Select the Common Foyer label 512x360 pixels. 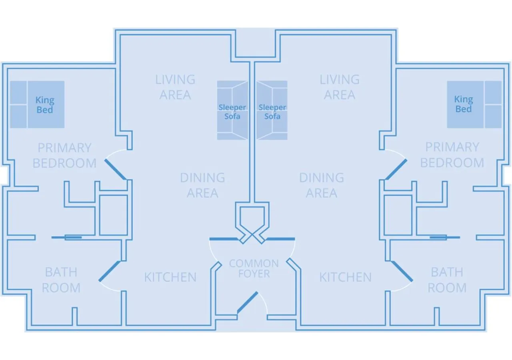[254, 269]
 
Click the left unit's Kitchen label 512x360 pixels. [170, 277]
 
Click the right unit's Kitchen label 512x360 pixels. [345, 277]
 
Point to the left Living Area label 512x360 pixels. [175, 87]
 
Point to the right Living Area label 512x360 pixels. [339, 87]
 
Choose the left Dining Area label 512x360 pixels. [202, 185]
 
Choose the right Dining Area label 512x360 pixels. [322, 185]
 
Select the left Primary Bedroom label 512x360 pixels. [64, 155]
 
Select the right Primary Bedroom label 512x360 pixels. [452, 155]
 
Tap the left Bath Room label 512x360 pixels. [61, 280]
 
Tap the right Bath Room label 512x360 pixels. [447, 280]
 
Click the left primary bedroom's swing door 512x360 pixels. [116, 170]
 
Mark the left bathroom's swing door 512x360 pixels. [109, 271]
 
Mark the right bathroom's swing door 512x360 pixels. [402, 271]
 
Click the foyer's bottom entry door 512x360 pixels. [248, 302]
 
